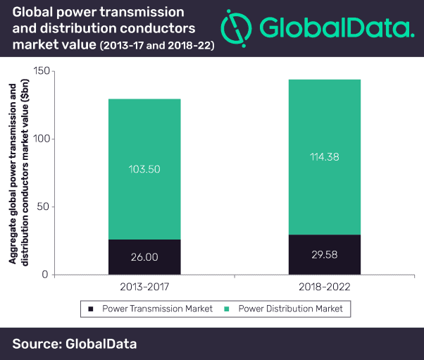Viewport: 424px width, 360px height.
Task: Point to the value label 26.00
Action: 144,257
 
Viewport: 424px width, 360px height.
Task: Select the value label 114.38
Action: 325,157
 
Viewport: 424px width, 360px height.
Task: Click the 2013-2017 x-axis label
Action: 144,287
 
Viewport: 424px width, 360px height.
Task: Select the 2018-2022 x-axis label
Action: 325,287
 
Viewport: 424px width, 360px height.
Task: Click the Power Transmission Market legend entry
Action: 144,309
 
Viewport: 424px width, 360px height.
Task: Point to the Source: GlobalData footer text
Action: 74,344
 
